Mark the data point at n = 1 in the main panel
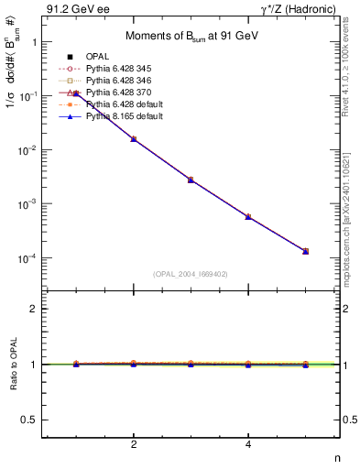(x=77, y=93)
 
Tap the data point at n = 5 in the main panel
(x=305, y=251)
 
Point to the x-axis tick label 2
(x=134, y=446)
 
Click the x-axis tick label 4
(x=248, y=446)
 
